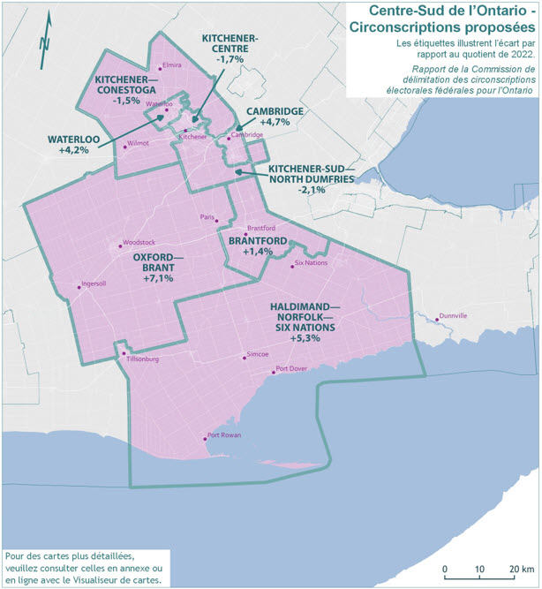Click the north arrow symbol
pos(46,41)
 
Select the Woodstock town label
pos(139,242)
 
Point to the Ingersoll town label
pos(93,284)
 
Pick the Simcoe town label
pos(257,354)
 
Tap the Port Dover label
pos(292,369)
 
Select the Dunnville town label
pos(453,315)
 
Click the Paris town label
pos(207,216)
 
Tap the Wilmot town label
pos(139,142)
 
